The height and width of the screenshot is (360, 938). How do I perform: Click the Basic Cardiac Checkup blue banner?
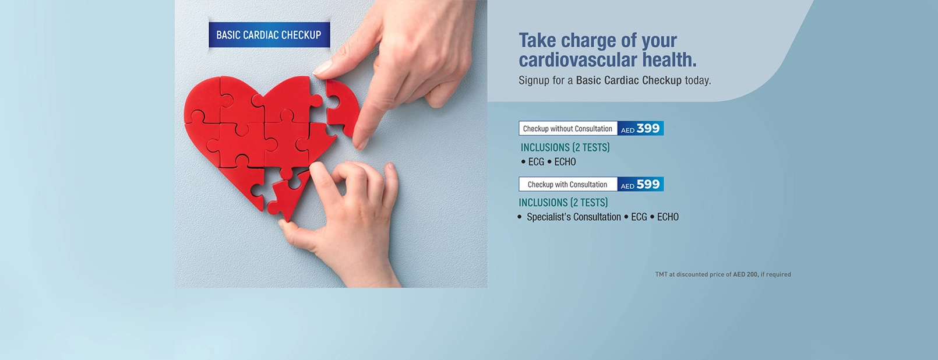[x=269, y=35]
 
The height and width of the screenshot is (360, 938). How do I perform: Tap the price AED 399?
[x=640, y=129]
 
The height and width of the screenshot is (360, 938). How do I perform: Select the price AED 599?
[x=640, y=184]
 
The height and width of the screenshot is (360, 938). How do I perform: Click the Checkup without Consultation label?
[x=567, y=129]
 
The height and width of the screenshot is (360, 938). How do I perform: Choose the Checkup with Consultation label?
[x=567, y=184]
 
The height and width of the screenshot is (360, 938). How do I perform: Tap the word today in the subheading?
[x=697, y=80]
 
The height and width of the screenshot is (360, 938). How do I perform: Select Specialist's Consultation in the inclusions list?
[x=574, y=217]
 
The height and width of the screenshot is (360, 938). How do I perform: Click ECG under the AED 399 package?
[x=536, y=162]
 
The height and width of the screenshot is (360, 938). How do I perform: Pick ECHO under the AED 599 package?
[x=668, y=217]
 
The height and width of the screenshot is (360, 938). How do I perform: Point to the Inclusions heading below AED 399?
[x=565, y=147]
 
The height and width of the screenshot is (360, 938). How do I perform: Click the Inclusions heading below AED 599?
[x=563, y=203]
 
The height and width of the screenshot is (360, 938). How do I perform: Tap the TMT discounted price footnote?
[x=723, y=274]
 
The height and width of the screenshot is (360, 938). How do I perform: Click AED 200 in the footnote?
[x=745, y=274]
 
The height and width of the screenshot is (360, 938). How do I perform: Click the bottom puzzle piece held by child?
[x=289, y=194]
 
